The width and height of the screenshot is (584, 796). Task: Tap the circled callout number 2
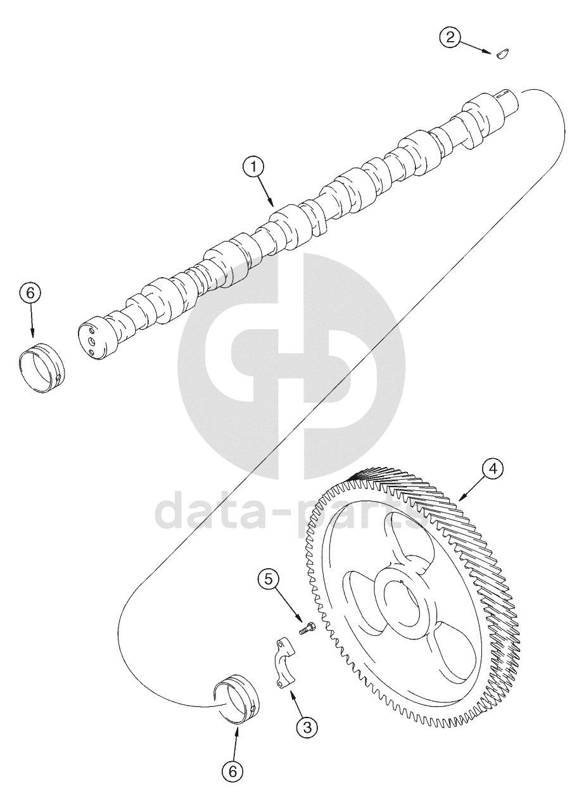pyautogui.click(x=450, y=37)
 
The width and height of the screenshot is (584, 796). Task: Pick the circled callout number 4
pyautogui.click(x=493, y=470)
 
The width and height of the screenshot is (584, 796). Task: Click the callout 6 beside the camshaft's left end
pyautogui.click(x=30, y=294)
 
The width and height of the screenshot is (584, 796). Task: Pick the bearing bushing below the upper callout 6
pyautogui.click(x=41, y=367)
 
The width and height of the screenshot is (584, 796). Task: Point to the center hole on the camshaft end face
pyautogui.click(x=92, y=342)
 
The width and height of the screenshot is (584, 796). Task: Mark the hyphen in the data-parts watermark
pyautogui.click(x=286, y=515)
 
